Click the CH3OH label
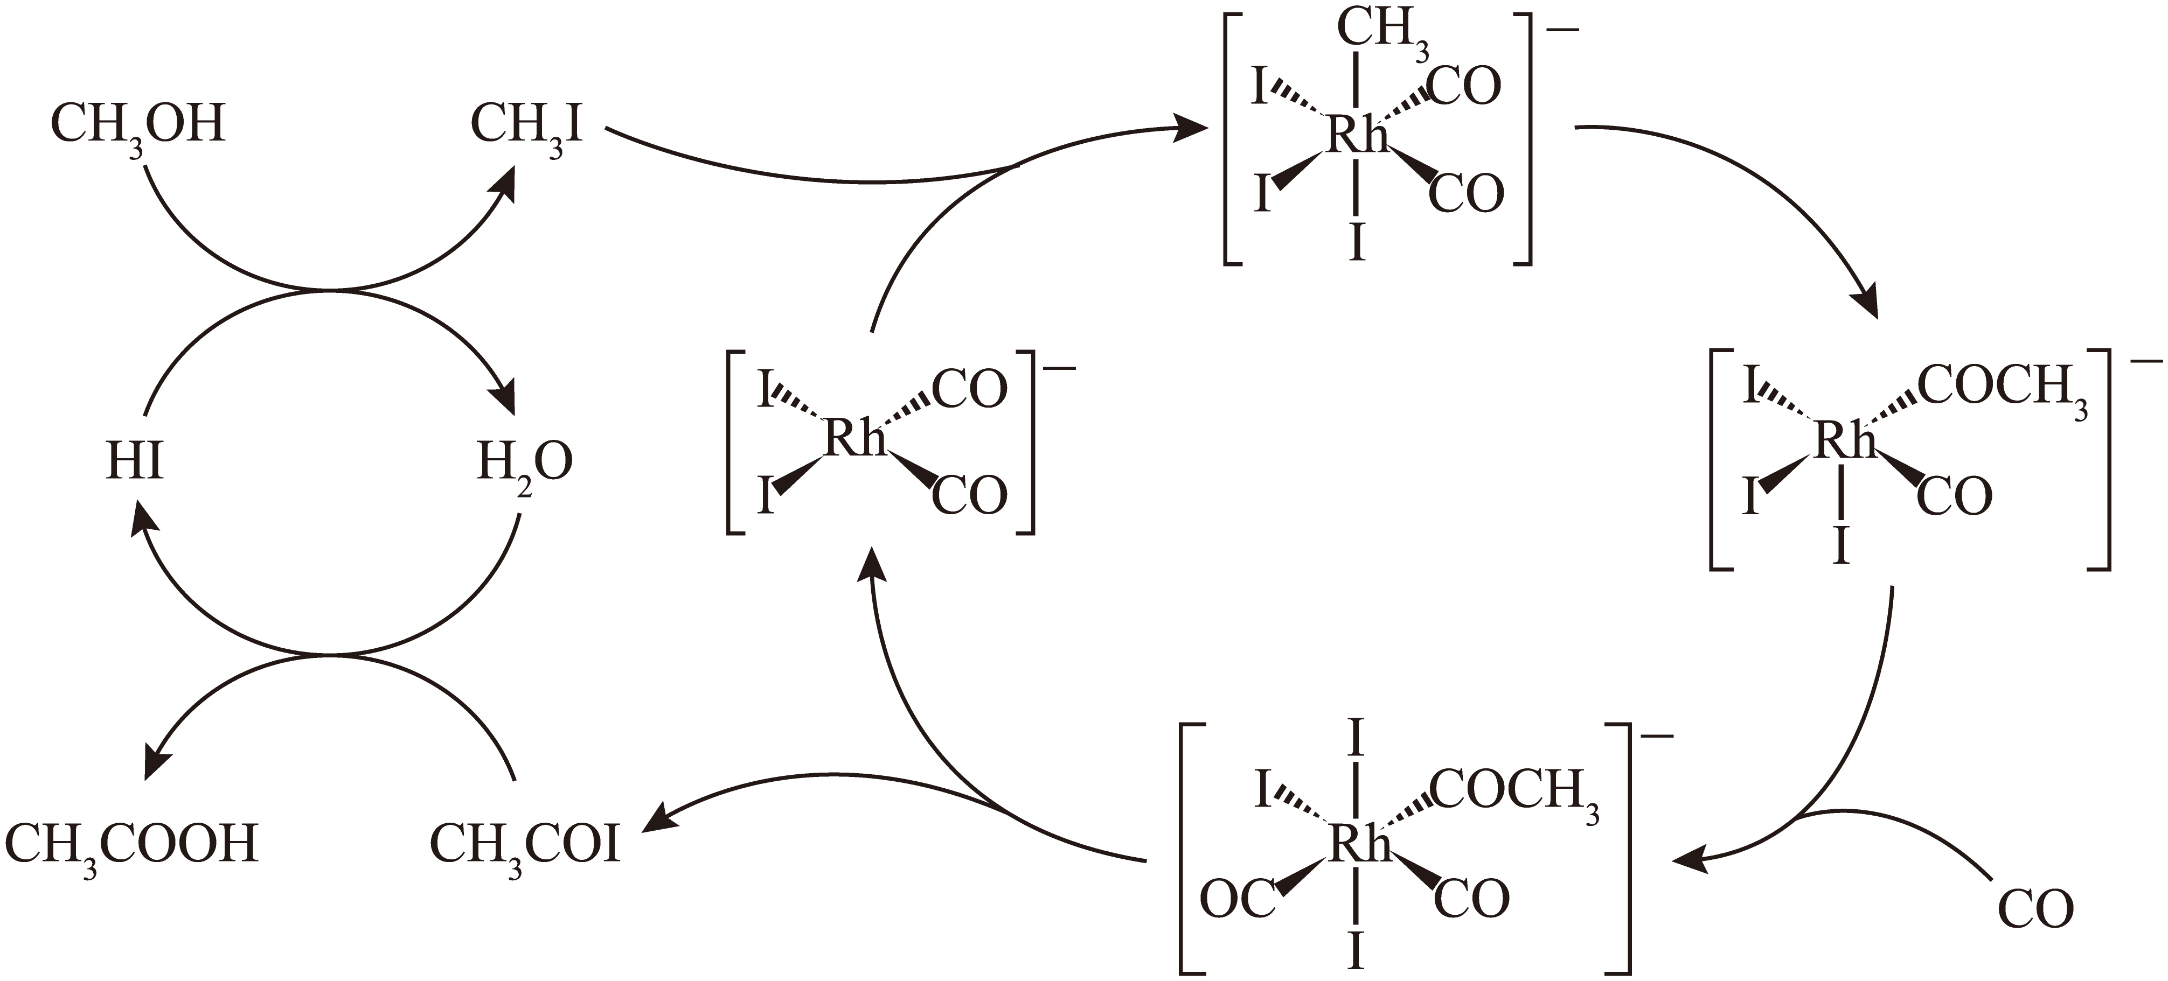(138, 126)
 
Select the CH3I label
(526, 126)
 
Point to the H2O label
(524, 465)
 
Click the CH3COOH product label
(131, 845)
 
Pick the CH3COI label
(525, 845)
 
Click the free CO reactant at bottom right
(2035, 909)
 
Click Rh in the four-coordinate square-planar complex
(855, 438)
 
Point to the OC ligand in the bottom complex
(1237, 899)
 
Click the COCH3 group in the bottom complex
(1514, 794)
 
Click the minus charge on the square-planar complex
(1059, 368)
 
